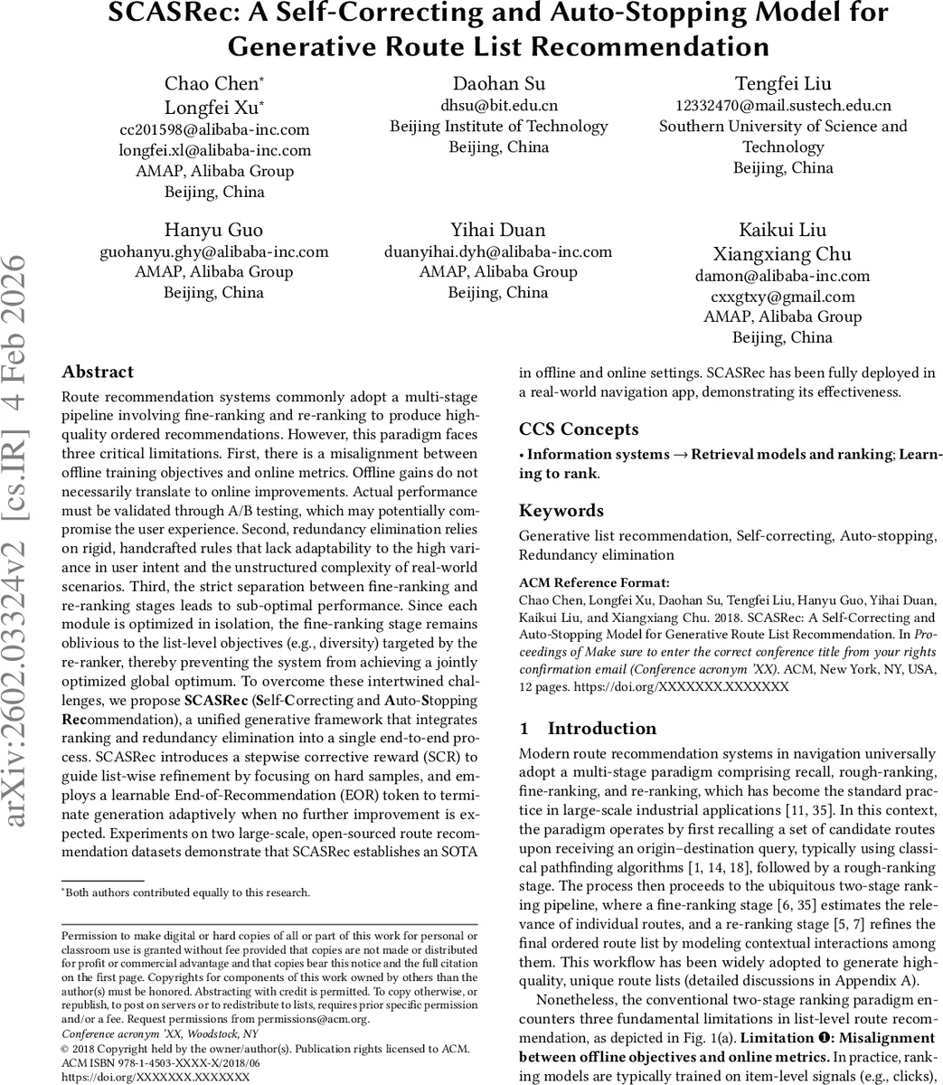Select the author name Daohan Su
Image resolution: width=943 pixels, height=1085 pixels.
coord(499,83)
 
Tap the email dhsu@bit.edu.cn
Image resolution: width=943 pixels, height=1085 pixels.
coord(499,106)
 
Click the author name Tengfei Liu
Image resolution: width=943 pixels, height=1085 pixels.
coord(783,83)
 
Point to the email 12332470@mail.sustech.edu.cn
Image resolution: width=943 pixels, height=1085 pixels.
coord(783,106)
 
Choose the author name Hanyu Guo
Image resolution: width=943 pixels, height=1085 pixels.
coord(213,230)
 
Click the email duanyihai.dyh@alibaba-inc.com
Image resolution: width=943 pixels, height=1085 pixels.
coord(499,251)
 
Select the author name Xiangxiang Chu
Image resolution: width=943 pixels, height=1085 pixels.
coord(783,253)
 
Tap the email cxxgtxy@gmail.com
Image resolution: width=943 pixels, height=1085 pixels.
coord(783,297)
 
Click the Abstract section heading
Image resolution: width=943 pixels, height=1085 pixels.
coord(98,372)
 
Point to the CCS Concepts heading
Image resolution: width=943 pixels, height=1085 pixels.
coord(579,429)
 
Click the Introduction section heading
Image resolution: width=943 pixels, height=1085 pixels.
coord(602,729)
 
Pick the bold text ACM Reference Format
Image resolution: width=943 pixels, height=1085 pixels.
coord(594,583)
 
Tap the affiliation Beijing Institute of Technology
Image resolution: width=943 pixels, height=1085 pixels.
coord(499,127)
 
